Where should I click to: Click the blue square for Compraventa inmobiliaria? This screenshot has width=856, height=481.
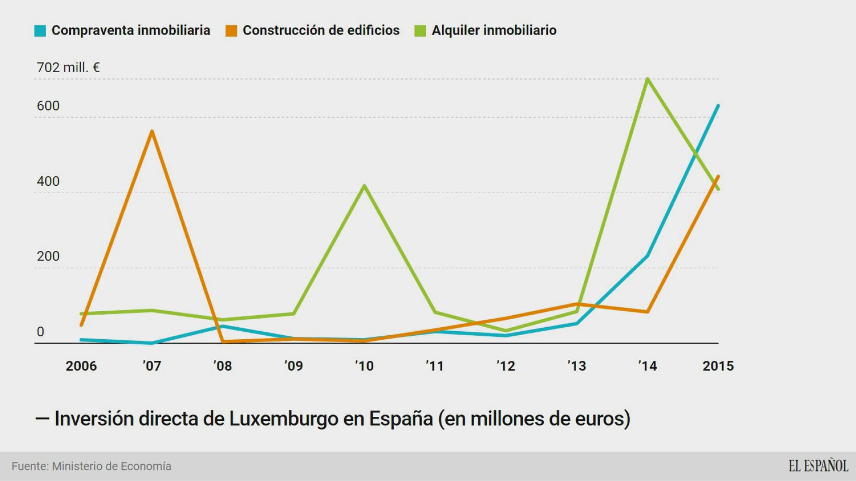[x=40, y=31]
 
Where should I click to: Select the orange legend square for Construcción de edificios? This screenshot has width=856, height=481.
[x=231, y=31]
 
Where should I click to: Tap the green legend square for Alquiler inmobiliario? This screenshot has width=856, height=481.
[x=420, y=31]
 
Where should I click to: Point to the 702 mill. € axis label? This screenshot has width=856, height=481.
[x=68, y=67]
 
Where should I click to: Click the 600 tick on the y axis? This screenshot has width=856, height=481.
[x=48, y=106]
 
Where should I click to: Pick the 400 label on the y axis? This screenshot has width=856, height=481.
[x=48, y=181]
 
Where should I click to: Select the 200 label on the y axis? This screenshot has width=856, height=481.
[x=48, y=256]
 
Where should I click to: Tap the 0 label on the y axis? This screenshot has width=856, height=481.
[x=40, y=331]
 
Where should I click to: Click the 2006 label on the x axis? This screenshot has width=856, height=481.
[x=81, y=366]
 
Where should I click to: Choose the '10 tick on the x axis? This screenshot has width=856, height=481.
[x=364, y=366]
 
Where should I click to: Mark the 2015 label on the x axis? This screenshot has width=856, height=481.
[x=718, y=366]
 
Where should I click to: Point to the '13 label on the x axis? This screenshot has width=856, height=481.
[x=577, y=366]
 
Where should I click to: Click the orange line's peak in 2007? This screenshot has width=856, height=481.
[x=152, y=131]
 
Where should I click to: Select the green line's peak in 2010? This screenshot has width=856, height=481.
[x=364, y=186]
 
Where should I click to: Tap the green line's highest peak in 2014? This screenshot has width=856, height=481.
[x=648, y=79]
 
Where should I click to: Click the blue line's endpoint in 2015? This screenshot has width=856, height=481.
[x=718, y=106]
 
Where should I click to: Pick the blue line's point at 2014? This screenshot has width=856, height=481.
[x=648, y=256]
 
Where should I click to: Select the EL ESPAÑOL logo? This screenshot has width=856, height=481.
[x=818, y=466]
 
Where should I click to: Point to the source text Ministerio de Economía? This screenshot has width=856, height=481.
[x=111, y=466]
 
